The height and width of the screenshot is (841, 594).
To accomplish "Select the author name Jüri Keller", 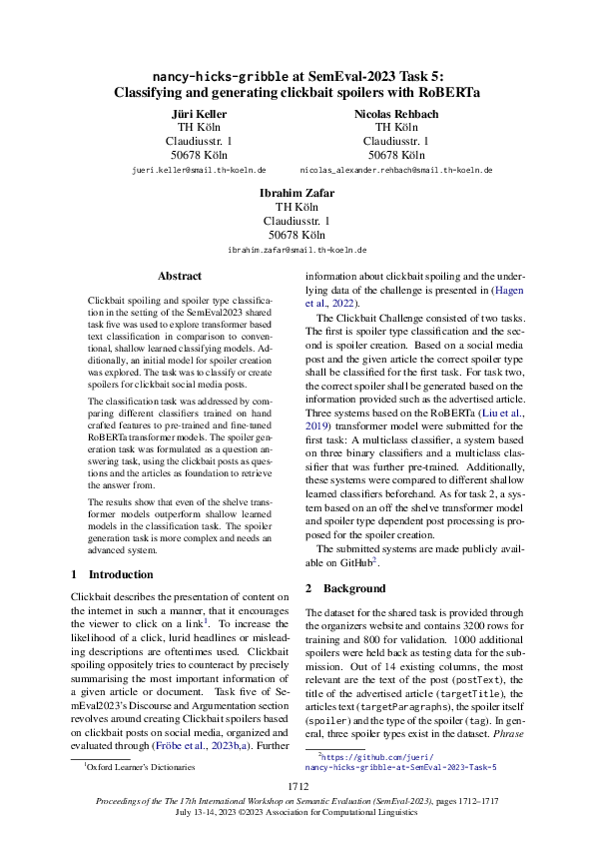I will pyautogui.click(x=198, y=114).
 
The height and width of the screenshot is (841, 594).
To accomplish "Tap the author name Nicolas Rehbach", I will pyautogui.click(x=396, y=114).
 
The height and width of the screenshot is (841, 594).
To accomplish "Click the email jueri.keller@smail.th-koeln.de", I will pyautogui.click(x=198, y=171).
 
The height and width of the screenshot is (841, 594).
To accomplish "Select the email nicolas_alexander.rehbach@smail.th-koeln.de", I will pyautogui.click(x=396, y=171).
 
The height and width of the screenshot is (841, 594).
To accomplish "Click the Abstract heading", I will pyautogui.click(x=180, y=276).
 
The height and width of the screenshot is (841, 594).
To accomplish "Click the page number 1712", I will pyautogui.click(x=297, y=788).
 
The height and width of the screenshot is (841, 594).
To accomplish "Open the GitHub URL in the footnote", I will pyautogui.click(x=399, y=762).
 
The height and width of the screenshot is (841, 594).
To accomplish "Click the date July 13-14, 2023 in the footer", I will pyautogui.click(x=216, y=812).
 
